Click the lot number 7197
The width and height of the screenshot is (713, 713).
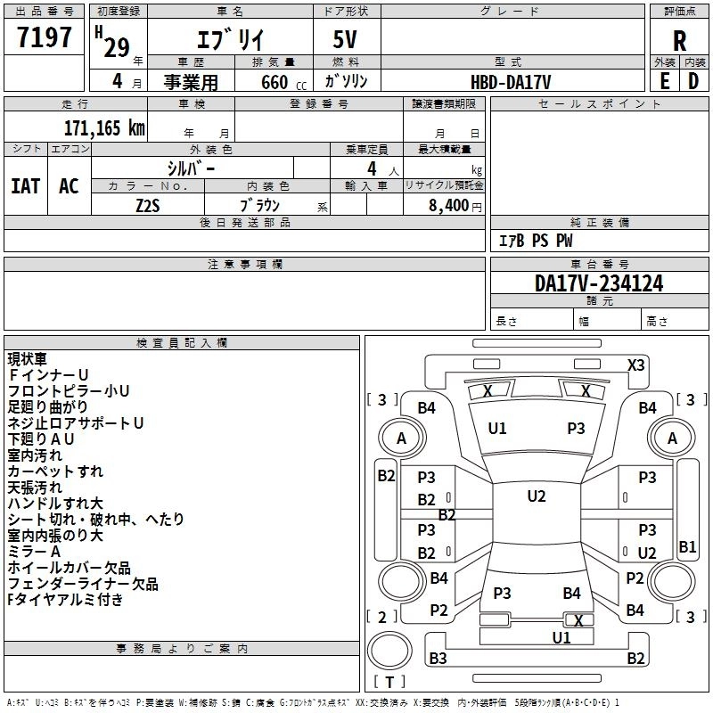point(45,37)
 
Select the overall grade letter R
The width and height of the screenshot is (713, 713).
point(679,41)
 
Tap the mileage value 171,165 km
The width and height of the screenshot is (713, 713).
point(104,128)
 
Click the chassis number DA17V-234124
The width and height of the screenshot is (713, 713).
point(599,283)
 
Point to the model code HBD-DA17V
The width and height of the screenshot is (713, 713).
point(511,82)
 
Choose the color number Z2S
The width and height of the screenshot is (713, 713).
point(148,206)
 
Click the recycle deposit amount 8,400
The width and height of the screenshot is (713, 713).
point(449,206)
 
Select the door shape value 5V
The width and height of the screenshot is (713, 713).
point(345,39)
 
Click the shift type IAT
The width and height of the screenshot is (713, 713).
point(26,186)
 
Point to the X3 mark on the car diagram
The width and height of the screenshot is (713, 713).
point(635,365)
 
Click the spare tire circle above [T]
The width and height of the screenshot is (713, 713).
point(389,650)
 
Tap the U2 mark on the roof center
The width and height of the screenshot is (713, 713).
point(537,496)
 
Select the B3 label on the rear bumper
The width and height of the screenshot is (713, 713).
point(438,658)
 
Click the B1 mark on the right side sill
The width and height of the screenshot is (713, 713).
point(687,546)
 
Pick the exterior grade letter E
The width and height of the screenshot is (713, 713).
point(665,81)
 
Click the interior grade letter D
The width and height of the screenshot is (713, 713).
point(693,81)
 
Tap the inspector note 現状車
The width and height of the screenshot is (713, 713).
point(28,359)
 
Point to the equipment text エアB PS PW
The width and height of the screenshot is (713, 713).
point(536,241)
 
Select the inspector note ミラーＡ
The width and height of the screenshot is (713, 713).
point(34,552)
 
